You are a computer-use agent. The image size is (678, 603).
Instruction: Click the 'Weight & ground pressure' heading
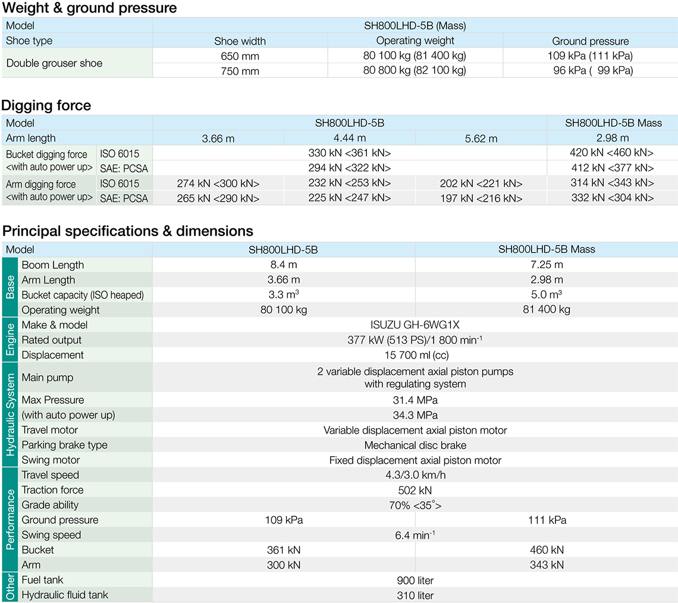point(90,8)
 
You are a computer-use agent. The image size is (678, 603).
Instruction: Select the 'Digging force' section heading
point(46,106)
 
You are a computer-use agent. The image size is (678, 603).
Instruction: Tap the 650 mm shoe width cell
point(240,56)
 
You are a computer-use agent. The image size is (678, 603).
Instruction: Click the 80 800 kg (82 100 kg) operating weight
point(415,70)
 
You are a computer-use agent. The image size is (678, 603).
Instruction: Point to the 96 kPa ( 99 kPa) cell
point(590,70)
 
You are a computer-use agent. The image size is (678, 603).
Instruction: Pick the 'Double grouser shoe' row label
point(54,63)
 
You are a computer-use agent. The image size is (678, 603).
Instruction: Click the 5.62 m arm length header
point(481,139)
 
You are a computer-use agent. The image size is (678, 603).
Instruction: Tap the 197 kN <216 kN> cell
point(481,198)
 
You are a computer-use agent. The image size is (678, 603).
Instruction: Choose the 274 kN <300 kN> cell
point(218,184)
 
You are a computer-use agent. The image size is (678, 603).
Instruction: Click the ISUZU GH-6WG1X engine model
point(415,325)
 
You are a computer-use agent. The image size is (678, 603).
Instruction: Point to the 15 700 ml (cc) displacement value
point(415,355)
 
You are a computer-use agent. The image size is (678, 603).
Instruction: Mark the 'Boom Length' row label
point(53,265)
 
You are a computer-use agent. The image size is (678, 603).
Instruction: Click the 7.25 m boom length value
point(546,265)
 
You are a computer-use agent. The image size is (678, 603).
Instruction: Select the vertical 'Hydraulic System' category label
point(10,415)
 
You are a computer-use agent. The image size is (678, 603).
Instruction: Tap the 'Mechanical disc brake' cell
point(415,445)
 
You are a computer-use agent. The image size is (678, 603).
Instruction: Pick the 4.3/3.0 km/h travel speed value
point(415,475)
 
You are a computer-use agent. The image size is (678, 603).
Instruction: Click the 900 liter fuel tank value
point(415,580)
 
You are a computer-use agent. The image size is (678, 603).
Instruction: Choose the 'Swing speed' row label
point(51,535)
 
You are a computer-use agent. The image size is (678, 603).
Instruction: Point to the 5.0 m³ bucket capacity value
point(546,295)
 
